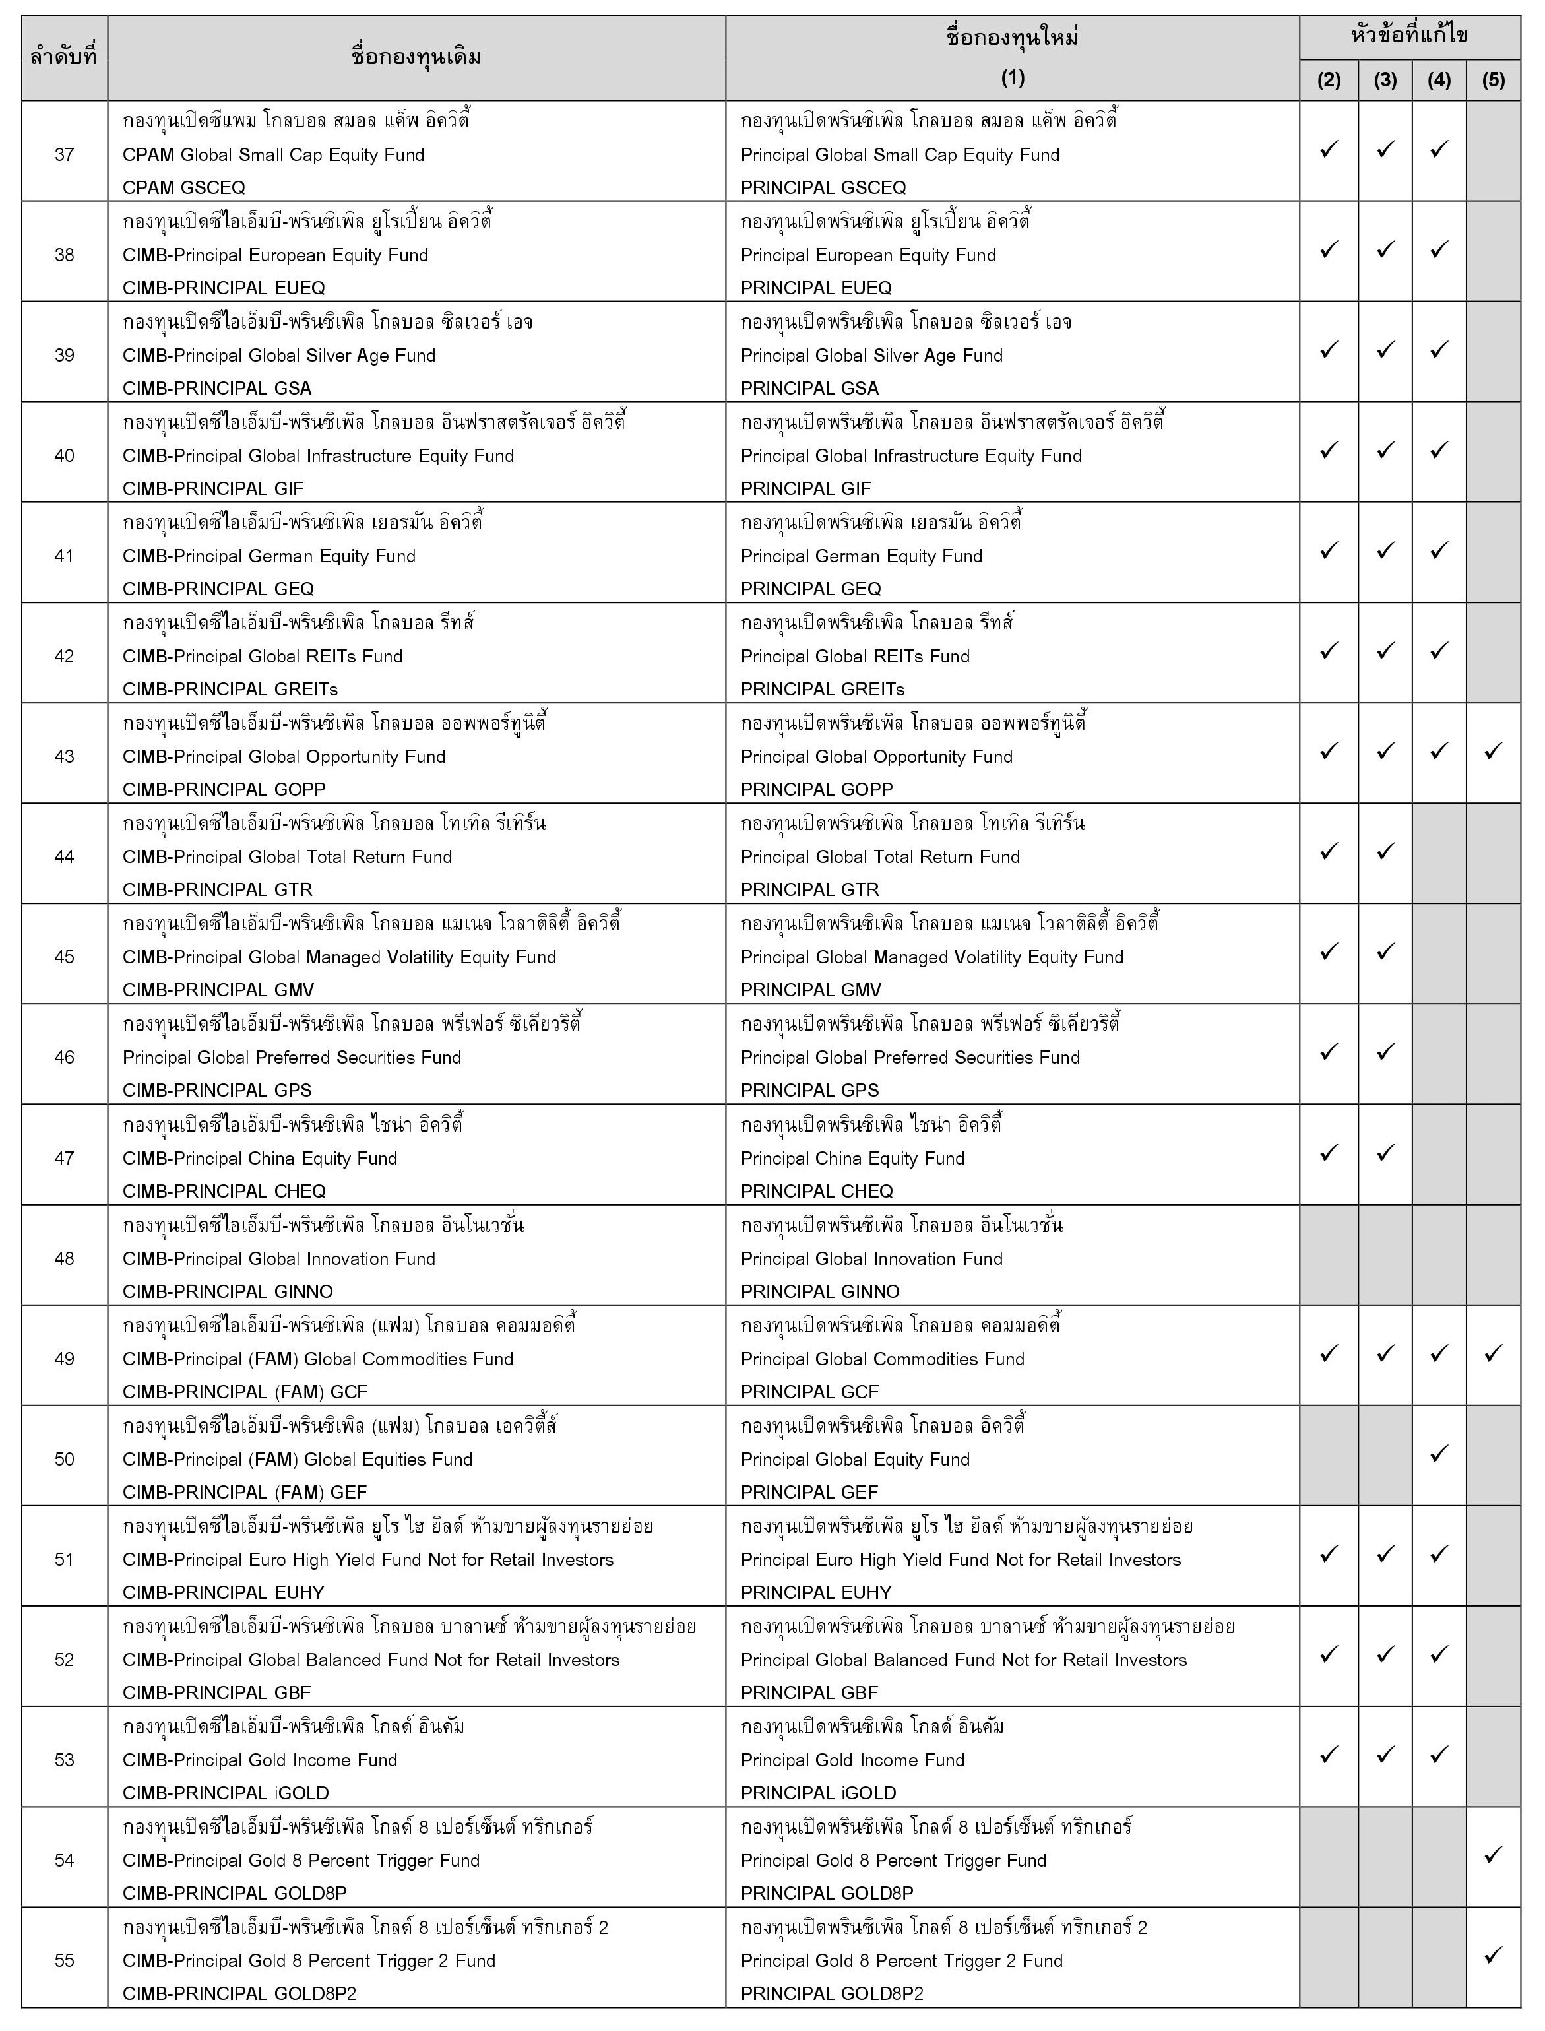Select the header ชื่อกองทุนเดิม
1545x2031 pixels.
(417, 57)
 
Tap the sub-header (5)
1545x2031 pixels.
(1494, 80)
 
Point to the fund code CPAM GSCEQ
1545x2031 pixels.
(184, 187)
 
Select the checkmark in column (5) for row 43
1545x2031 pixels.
(1494, 751)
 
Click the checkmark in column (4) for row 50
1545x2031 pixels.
(1439, 1454)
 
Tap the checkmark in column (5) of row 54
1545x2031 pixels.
(1494, 1854)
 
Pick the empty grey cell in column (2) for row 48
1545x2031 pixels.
(1329, 1254)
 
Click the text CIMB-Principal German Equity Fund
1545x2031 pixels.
(268, 556)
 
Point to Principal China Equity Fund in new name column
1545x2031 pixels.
(852, 1158)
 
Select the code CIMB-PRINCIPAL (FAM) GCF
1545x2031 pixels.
(245, 1392)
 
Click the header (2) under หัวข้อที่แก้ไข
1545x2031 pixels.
(1329, 80)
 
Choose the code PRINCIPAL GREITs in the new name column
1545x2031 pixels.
(822, 689)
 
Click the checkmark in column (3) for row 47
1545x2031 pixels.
(1385, 1153)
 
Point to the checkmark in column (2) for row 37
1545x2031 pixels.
(1329, 149)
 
